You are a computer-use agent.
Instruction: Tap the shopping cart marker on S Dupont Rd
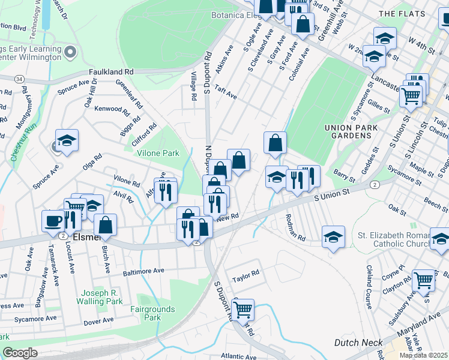click(x=243, y=310)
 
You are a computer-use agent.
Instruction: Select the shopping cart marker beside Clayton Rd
click(x=424, y=280)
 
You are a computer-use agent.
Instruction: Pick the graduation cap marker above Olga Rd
click(x=67, y=140)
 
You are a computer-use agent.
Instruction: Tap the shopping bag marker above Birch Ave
click(x=106, y=224)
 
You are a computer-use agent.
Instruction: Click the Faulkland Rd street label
click(x=111, y=71)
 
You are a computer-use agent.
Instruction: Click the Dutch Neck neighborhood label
click(x=358, y=343)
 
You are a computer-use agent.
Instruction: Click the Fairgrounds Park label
click(x=153, y=313)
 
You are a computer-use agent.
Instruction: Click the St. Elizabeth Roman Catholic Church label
click(x=396, y=239)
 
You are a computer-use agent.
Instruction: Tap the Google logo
click(x=20, y=352)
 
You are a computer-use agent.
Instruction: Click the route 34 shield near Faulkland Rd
click(x=20, y=79)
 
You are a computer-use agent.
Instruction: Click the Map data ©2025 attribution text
click(x=424, y=355)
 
